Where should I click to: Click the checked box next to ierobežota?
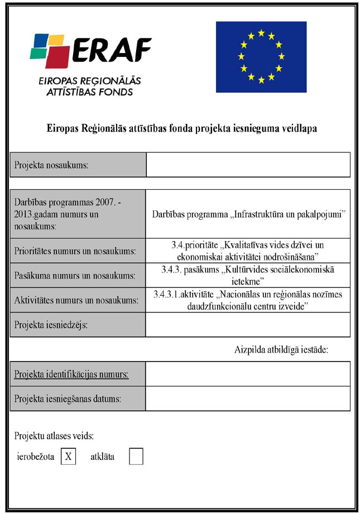(x=68, y=457)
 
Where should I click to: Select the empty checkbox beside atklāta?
(x=136, y=457)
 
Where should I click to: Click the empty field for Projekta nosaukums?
(x=248, y=165)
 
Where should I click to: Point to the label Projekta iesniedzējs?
(x=51, y=325)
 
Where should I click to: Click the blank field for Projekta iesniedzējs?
(x=248, y=325)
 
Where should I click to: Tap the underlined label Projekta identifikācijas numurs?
(x=71, y=374)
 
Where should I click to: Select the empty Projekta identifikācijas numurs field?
(x=248, y=374)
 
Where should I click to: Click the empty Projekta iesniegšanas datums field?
(x=248, y=398)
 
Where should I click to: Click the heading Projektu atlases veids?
(x=55, y=435)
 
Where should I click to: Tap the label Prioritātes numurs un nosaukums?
(x=75, y=251)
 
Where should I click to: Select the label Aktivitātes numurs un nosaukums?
(x=76, y=301)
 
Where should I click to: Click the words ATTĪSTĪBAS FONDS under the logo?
(x=89, y=92)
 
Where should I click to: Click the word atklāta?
(x=102, y=457)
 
